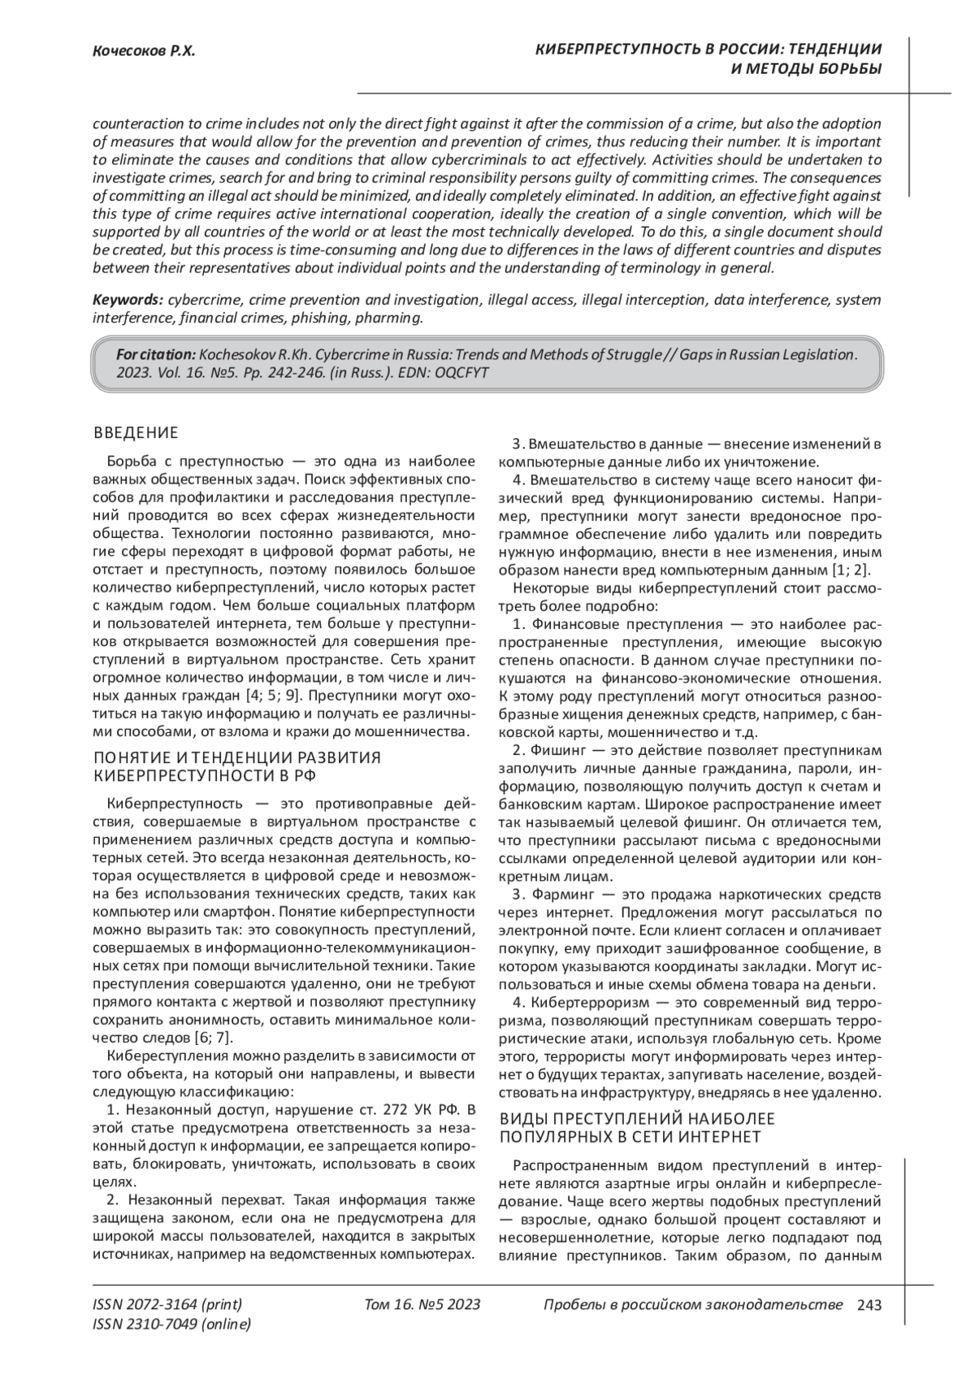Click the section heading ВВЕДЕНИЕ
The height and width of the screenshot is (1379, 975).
(136, 432)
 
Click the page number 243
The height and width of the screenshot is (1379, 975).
(869, 1305)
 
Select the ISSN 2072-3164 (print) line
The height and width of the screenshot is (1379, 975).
(167, 1305)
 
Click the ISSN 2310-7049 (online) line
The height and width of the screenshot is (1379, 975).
(172, 1325)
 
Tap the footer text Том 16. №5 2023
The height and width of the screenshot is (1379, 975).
(422, 1305)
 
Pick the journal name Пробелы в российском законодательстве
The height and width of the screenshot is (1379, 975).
(692, 1305)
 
